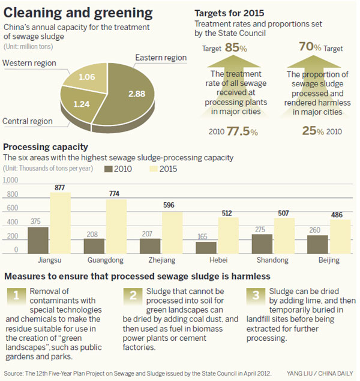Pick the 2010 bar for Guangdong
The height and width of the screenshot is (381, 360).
(x=95, y=245)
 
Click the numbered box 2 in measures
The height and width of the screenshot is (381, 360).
(x=133, y=295)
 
